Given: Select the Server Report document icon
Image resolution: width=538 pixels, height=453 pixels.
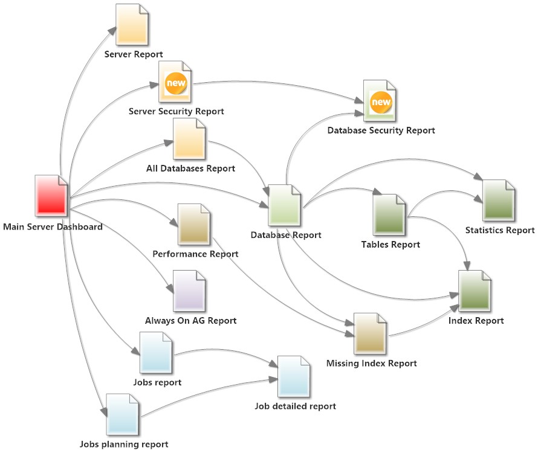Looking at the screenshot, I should click(132, 24).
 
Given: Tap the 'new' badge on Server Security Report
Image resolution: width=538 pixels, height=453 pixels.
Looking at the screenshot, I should click(177, 83).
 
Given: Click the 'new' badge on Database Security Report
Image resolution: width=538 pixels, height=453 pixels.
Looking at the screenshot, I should click(381, 102).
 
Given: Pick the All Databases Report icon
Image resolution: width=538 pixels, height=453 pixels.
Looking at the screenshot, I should click(189, 140).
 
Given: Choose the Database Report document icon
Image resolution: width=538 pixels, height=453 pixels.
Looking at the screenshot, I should click(284, 205).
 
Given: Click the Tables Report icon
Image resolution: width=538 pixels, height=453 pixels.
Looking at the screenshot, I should click(389, 214).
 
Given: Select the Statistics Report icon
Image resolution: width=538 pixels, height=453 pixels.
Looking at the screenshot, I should click(499, 201).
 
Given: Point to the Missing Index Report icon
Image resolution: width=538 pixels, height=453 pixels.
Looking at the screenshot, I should click(370, 334).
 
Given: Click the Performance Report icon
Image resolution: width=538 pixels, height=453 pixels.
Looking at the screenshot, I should click(194, 225).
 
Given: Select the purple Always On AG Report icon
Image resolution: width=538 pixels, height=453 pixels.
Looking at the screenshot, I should click(189, 291).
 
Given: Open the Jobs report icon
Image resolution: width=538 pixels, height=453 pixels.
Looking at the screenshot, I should click(156, 353).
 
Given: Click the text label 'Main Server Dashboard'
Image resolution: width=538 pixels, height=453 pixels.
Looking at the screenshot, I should click(53, 227).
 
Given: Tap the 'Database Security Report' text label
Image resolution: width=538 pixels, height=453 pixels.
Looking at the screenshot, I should click(381, 130).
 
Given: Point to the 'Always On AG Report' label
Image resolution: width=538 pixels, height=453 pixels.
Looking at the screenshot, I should click(190, 321).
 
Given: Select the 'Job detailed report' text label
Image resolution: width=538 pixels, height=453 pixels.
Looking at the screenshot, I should click(295, 406).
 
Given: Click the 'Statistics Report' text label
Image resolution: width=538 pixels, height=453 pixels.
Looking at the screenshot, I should click(499, 230).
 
